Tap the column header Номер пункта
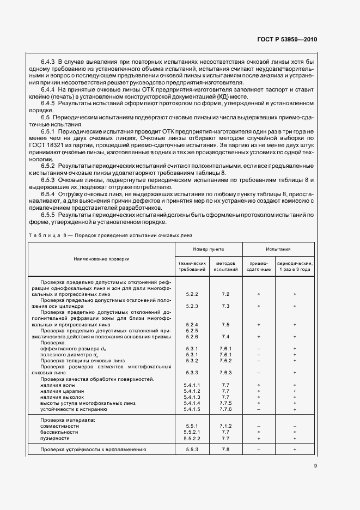[208, 247]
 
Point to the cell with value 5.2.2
[191, 294]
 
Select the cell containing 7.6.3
[225, 373]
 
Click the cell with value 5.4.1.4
[193, 403]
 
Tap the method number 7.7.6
[225, 409]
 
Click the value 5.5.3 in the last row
[192, 450]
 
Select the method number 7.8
[225, 450]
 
